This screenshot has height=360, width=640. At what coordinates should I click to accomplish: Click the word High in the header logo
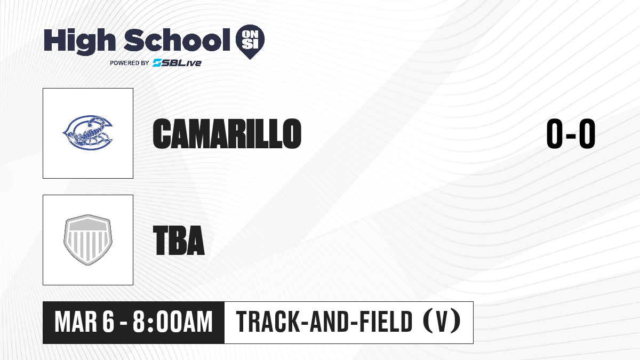(x=79, y=41)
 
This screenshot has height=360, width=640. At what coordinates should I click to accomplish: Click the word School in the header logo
(x=177, y=40)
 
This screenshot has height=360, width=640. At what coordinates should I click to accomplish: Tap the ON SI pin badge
(x=250, y=42)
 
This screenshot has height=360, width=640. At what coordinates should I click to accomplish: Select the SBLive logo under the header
(x=177, y=63)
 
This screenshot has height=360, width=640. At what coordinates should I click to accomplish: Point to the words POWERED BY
(x=130, y=63)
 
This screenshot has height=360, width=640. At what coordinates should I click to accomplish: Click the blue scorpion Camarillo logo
(x=87, y=133)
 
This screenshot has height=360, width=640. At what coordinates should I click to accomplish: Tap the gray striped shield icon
(x=87, y=240)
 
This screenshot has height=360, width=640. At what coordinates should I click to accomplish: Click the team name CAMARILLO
(x=227, y=133)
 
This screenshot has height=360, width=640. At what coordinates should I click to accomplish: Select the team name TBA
(x=179, y=240)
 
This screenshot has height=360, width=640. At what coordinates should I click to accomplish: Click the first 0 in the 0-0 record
(x=555, y=133)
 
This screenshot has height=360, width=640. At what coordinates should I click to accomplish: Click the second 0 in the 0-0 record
(x=587, y=133)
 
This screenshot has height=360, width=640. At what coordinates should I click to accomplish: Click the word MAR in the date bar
(x=76, y=322)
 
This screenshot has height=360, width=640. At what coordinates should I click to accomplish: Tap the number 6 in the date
(x=108, y=322)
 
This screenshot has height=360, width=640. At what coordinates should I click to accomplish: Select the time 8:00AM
(x=173, y=322)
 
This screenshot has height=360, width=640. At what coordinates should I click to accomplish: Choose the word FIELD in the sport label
(x=386, y=322)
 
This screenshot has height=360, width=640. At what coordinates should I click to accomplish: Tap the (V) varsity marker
(x=442, y=322)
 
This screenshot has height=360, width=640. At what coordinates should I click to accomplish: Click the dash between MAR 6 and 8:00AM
(x=124, y=323)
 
